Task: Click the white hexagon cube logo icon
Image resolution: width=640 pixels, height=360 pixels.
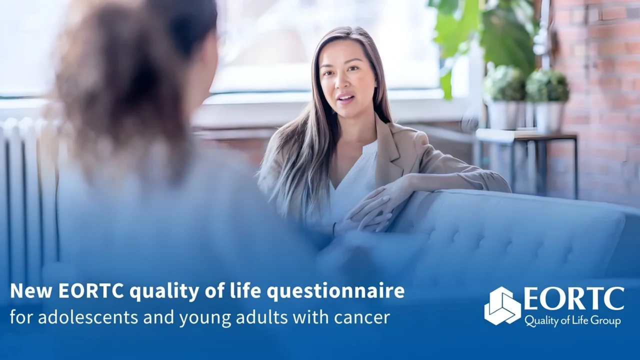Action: [x=502, y=305]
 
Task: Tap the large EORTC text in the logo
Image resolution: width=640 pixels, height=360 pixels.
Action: [x=573, y=299]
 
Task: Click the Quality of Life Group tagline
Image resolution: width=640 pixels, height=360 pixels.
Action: [x=572, y=320]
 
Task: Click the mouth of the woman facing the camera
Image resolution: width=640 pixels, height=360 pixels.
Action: [x=345, y=97]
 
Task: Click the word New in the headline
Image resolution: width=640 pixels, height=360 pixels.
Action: [x=31, y=291]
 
